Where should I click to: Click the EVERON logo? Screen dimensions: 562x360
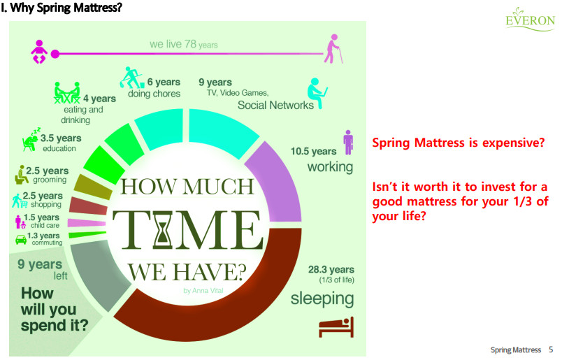click(530, 19)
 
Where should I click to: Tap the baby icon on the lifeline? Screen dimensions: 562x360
click(39, 52)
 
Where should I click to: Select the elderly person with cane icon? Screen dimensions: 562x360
click(333, 49)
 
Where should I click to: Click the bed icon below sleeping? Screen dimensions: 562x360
click(336, 327)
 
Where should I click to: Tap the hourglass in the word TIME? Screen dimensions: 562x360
click(164, 229)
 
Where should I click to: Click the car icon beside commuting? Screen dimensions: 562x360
click(21, 239)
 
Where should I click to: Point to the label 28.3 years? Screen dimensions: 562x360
click(331, 269)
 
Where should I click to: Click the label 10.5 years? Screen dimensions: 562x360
click(313, 151)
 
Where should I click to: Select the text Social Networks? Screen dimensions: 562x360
click(275, 105)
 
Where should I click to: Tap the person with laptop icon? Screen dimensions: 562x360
click(317, 93)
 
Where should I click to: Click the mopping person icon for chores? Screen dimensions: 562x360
click(131, 78)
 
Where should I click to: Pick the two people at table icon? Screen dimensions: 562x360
click(67, 92)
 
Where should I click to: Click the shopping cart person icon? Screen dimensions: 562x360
click(20, 201)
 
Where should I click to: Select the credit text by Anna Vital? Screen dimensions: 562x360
click(203, 290)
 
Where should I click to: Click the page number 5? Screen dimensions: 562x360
click(551, 350)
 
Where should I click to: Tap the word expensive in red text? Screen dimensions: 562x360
click(513, 143)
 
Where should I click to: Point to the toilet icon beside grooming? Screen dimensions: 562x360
click(21, 175)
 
